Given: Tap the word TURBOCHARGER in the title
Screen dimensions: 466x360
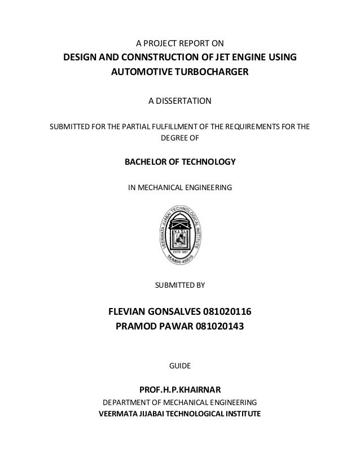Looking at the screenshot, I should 216,73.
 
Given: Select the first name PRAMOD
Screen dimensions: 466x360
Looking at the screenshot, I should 136,326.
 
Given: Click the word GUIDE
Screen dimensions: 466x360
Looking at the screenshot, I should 180,367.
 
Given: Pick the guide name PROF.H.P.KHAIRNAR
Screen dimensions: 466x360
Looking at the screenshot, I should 180,389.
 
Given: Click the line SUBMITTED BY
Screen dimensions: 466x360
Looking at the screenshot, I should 180,285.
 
